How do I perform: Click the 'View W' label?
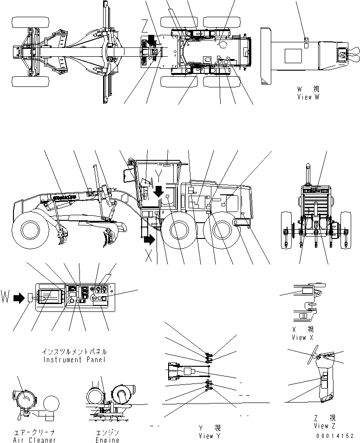[308, 97]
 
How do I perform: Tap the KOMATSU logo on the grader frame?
[65, 197]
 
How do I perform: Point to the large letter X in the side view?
[149, 256]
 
